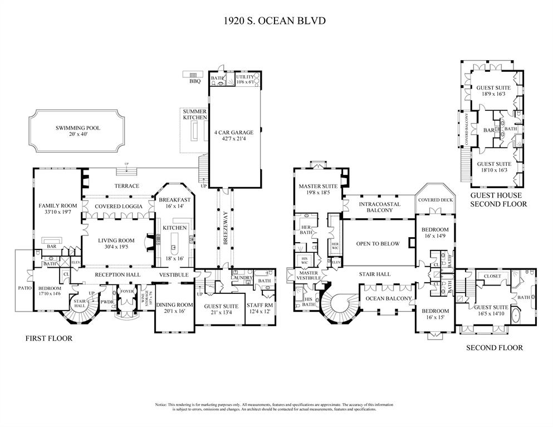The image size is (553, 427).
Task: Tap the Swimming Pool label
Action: (77, 128)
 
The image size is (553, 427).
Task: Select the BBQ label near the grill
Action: (194, 81)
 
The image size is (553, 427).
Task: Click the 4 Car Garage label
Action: (233, 132)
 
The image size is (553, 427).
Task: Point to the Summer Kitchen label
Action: (195, 115)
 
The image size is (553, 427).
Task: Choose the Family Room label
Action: (57, 206)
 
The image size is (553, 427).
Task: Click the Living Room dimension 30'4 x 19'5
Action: (118, 247)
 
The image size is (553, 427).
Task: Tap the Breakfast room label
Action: (175, 200)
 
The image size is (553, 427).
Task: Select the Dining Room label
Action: (174, 306)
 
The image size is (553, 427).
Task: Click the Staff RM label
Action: (260, 306)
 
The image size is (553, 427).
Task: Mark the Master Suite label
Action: (315, 186)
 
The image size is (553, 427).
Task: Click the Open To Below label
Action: (378, 244)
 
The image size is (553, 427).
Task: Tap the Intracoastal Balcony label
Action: (379, 204)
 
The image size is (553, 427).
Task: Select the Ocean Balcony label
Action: (388, 298)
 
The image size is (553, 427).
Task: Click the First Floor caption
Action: (49, 338)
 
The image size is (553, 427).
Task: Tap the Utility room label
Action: (245, 76)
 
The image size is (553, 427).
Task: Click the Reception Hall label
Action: (117, 275)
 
